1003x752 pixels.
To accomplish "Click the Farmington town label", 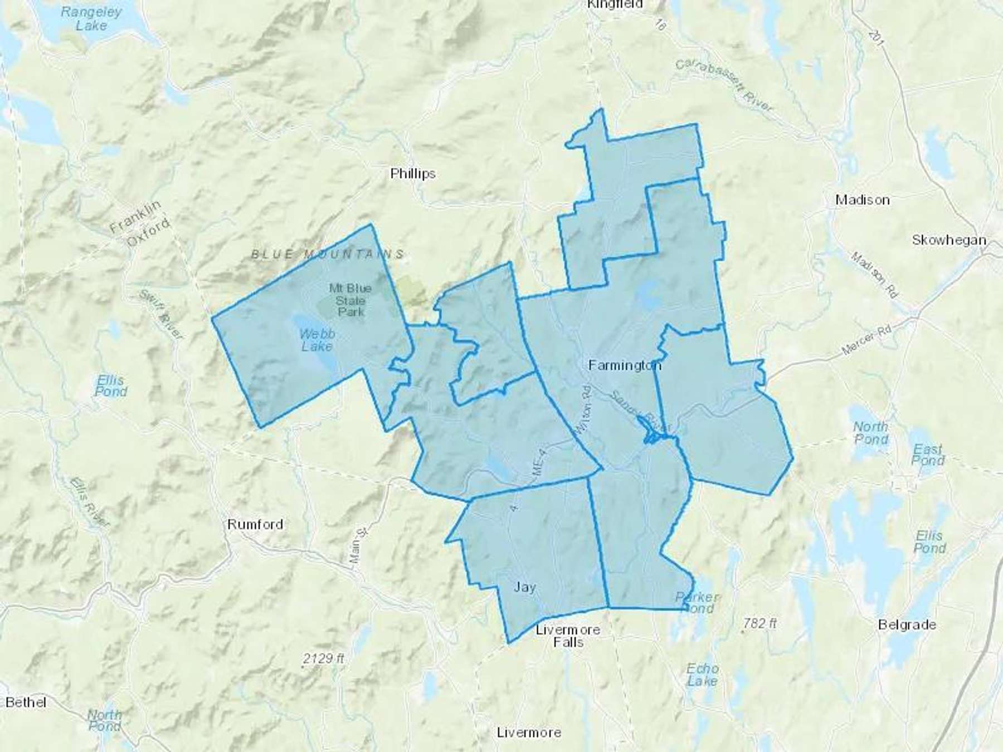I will coord(625,365).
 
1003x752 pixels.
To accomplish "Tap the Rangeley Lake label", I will coord(91,18).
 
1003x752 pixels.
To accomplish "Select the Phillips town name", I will coord(412,174).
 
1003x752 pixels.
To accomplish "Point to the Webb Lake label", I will coord(317,340).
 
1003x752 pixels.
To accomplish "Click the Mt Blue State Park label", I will coord(350,300).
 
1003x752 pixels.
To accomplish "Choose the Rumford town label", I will coord(255,524).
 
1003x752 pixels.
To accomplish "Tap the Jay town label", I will coord(524,587).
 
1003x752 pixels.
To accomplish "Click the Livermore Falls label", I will coord(568,636).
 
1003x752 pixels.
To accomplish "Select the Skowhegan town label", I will coord(948,240).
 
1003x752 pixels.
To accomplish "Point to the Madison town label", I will coord(862,200).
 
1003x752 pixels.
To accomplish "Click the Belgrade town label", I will coord(907,624).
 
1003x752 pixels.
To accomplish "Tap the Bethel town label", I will coord(26,702).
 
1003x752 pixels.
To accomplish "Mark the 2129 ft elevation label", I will coord(323,658).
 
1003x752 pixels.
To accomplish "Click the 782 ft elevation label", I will coord(759,623).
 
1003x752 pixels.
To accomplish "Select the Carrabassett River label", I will coord(724,85).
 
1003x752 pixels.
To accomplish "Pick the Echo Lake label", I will coord(702,674).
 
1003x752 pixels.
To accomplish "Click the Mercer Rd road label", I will coord(866,340).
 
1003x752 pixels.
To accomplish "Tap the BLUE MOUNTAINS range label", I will coord(328,255).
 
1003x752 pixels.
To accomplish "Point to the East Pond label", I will coord(928,454).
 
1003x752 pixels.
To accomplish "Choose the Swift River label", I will coord(160,315).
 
